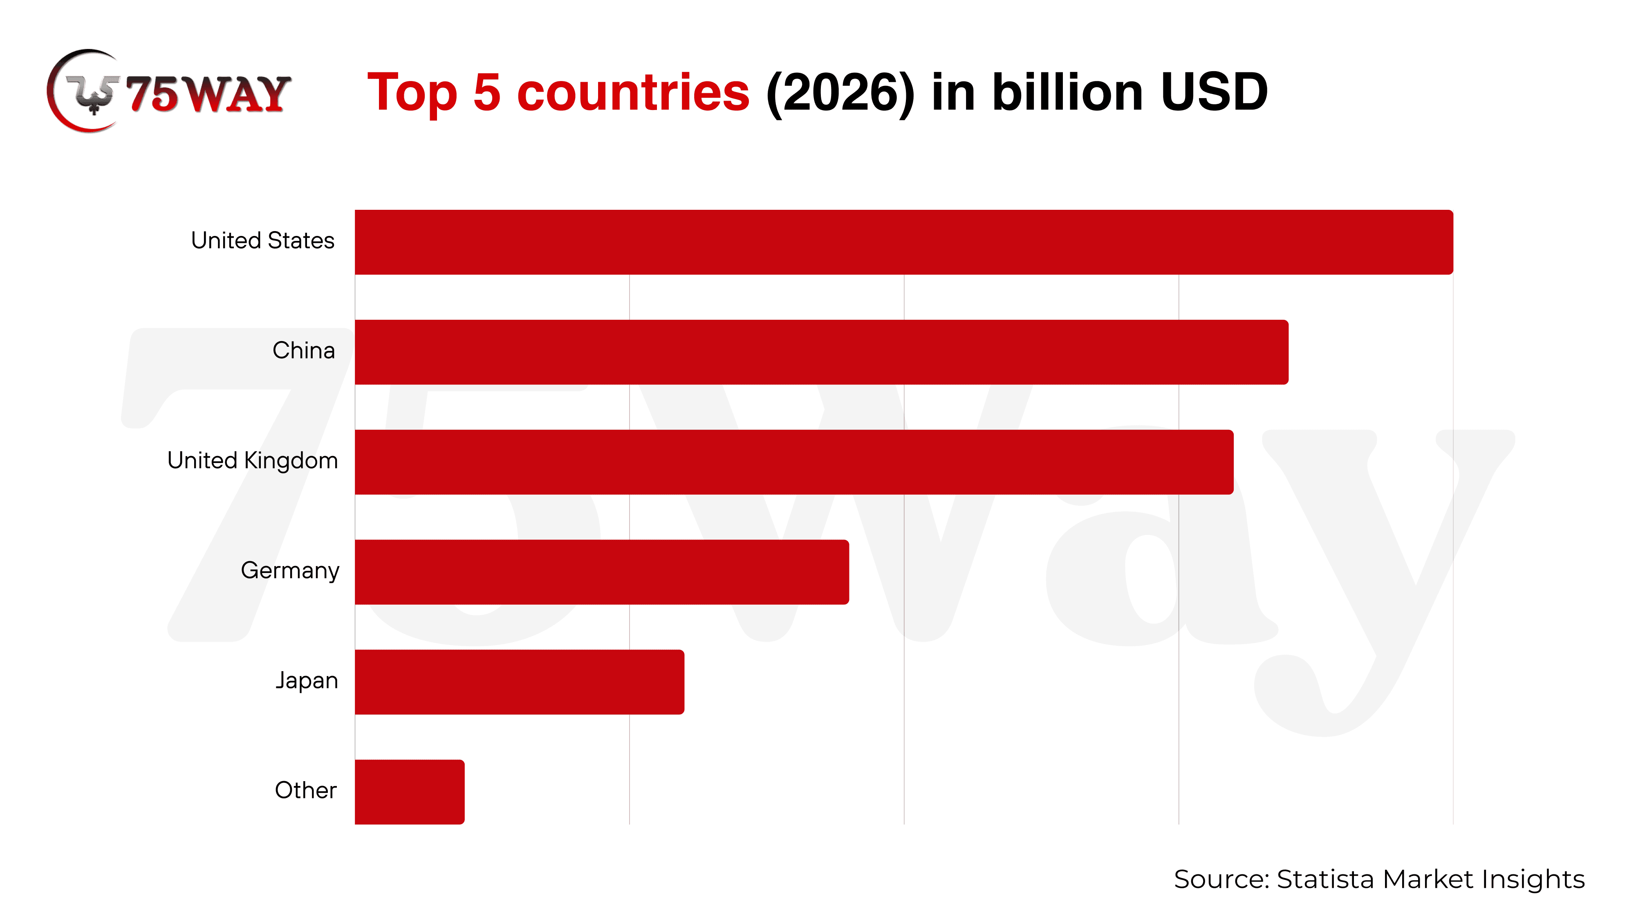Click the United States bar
(x=903, y=242)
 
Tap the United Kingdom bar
(x=794, y=462)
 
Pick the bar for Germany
(x=601, y=572)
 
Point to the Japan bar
(x=519, y=681)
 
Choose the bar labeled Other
(x=409, y=791)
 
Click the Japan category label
(x=306, y=680)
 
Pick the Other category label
(x=305, y=790)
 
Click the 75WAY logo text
(x=208, y=94)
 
